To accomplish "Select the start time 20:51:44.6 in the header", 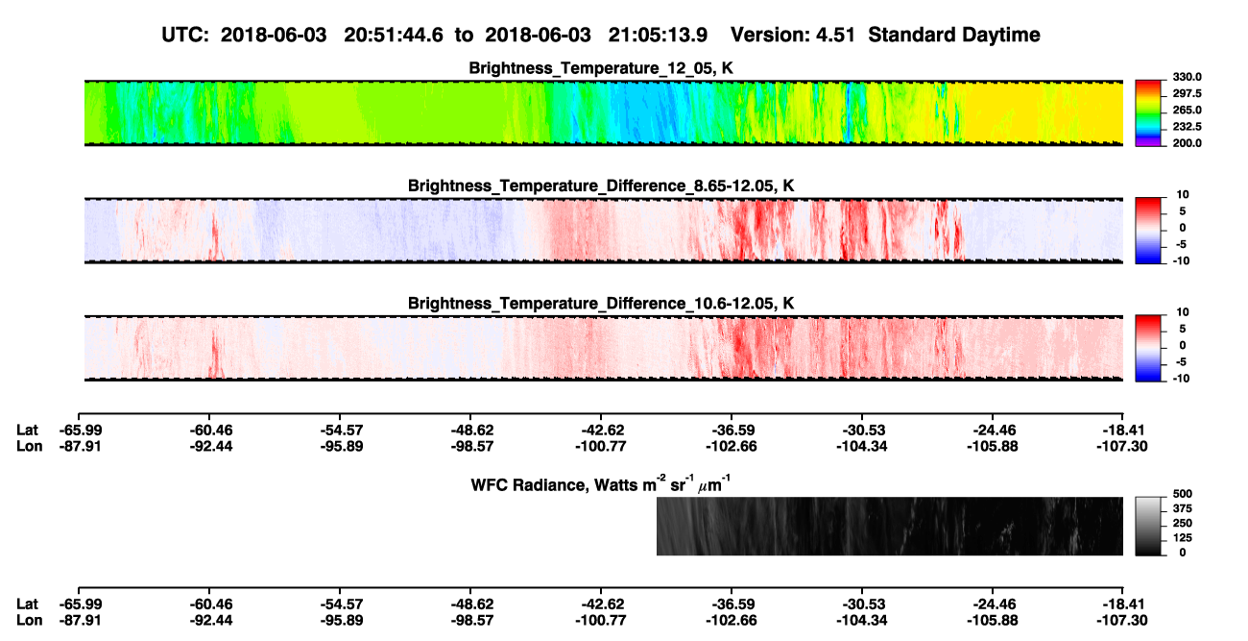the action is pos(394,36).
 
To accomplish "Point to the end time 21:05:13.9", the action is pos(658,36).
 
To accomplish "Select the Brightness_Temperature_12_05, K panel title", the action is pos(601,68).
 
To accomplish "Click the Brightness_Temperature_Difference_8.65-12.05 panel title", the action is pos(601,185).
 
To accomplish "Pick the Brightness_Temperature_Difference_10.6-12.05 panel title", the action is pos(601,304).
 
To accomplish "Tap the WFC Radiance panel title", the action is pos(601,484).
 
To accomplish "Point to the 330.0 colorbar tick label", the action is pos(1187,77).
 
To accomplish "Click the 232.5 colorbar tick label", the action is pos(1187,127).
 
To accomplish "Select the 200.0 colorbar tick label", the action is pos(1187,143).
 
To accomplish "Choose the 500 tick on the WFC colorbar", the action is pos(1183,494).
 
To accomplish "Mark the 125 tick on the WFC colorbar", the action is pos(1183,538).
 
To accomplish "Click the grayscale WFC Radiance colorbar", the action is pos(1148,526).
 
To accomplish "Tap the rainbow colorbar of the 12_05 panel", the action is pos(1148,113).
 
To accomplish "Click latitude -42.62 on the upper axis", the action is pos(602,431).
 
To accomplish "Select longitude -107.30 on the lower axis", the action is pos(1122,621).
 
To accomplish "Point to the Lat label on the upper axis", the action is pos(27,431).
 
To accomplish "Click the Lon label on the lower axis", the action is pos(29,621).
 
